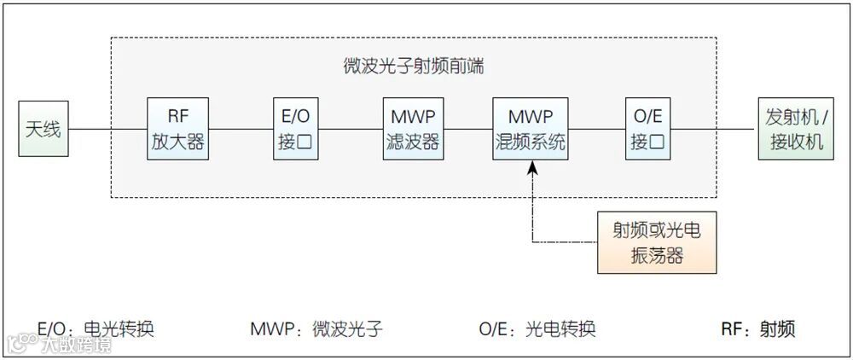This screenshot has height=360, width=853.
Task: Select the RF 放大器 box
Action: [x=178, y=129]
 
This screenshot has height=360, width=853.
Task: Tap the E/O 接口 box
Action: [x=295, y=129]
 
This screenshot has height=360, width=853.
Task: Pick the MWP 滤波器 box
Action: [x=412, y=129]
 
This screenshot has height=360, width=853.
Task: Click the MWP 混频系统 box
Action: [x=531, y=129]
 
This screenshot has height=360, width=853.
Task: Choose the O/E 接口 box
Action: [x=647, y=129]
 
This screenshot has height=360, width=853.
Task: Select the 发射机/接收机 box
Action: [x=794, y=129]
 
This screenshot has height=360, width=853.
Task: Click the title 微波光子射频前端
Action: [x=412, y=67]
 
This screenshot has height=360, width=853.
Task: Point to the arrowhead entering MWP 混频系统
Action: [x=532, y=168]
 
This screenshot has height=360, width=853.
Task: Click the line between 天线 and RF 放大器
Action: [x=107, y=130]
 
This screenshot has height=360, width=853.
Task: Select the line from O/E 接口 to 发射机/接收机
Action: [x=715, y=130]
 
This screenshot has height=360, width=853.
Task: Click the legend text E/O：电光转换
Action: [x=96, y=329]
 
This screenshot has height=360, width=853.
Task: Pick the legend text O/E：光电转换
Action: [x=537, y=329]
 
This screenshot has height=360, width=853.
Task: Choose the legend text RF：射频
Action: [x=757, y=329]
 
